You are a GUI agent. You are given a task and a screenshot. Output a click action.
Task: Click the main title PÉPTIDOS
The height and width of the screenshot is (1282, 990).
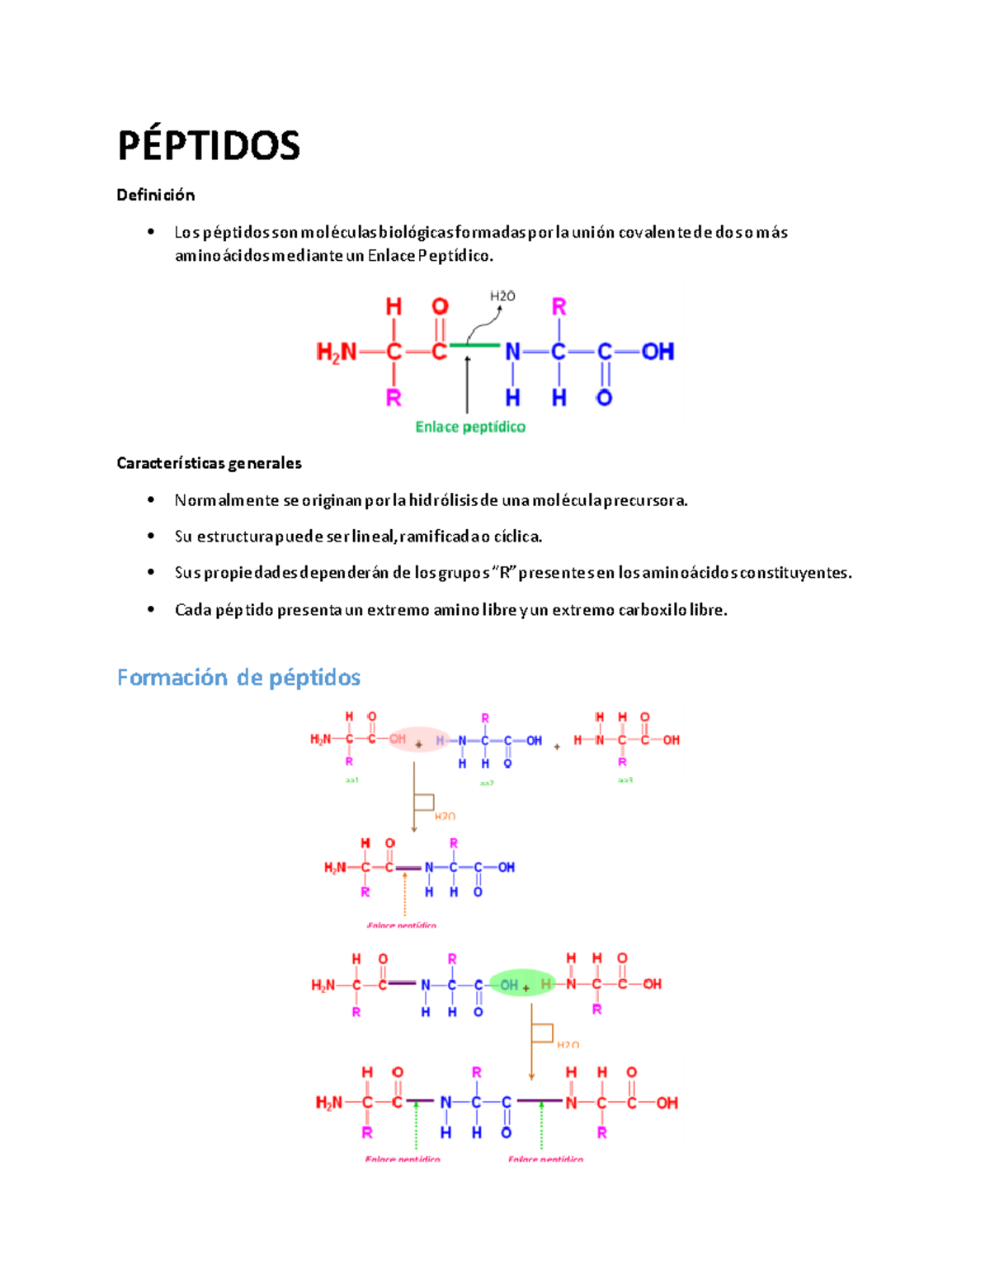coord(209,145)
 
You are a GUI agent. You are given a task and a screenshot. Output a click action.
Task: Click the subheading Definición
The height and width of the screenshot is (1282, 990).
coord(156,195)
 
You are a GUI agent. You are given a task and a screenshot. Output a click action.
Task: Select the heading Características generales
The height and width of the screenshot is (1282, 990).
coord(209,463)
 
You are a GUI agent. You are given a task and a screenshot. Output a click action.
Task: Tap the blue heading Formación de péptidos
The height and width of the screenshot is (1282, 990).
coord(238,678)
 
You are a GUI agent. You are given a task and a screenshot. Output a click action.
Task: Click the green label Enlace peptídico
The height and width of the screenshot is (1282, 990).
coord(470,427)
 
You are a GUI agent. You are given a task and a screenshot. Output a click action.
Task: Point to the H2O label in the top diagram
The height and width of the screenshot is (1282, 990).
coord(502,296)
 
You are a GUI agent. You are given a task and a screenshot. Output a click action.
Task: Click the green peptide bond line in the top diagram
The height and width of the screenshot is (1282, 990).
coord(474,344)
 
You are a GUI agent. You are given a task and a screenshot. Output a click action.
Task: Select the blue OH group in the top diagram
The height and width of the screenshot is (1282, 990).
coord(658,352)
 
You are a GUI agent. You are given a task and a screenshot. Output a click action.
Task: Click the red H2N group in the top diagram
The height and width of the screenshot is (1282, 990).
coord(336,352)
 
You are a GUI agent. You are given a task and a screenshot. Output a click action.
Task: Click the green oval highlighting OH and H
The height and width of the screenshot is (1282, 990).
coord(523,983)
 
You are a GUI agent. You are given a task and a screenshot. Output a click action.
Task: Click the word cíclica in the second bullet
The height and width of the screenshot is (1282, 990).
coord(517,537)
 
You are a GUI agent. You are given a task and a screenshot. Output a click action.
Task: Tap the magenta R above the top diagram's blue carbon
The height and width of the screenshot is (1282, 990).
coord(559,307)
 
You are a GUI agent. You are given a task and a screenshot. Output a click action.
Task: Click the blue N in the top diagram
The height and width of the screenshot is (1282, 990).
coord(512,352)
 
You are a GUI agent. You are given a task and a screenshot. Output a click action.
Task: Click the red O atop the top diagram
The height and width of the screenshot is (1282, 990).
coord(440,307)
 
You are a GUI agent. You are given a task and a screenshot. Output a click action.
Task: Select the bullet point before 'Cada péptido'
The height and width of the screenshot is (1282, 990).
coord(151,610)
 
